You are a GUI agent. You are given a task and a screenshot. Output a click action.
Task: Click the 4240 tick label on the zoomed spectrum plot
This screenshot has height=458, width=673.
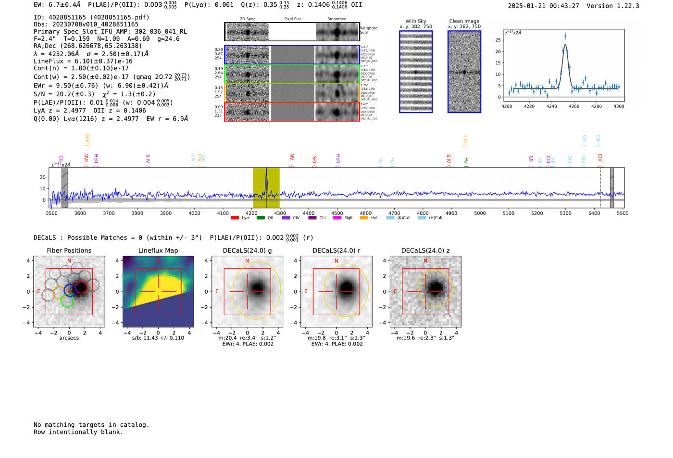pyautogui.click(x=551, y=106)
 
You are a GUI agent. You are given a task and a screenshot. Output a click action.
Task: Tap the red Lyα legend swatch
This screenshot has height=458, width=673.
pyautogui.click(x=235, y=218)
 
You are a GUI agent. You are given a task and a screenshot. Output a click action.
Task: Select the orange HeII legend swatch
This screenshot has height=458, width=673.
pyautogui.click(x=364, y=218)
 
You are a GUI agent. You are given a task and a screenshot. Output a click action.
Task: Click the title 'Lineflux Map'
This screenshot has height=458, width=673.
pyautogui.click(x=158, y=250)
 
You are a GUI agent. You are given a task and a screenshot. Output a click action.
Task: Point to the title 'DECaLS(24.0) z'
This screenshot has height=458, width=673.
pyautogui.click(x=425, y=250)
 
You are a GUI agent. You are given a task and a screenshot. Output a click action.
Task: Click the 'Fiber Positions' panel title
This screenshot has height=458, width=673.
pyautogui.click(x=69, y=250)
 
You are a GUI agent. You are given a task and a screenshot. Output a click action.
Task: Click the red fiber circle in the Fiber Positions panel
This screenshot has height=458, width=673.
pyautogui.click(x=81, y=287)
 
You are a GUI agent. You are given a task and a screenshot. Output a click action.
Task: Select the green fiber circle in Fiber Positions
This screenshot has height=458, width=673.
pyautogui.click(x=67, y=301)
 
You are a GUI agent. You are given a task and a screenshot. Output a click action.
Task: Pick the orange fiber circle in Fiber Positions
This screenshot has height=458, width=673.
pyautogui.click(x=60, y=293)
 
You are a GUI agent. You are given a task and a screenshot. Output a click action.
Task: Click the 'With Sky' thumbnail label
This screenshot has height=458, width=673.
pyautogui.click(x=415, y=21)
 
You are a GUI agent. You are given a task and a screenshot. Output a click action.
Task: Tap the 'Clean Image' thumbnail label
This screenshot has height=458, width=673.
pyautogui.click(x=464, y=21)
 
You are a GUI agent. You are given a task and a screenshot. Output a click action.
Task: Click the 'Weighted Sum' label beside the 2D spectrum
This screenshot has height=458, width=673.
pyautogui.click(x=368, y=30)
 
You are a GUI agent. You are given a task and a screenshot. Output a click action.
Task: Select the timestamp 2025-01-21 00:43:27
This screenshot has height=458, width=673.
pyautogui.click(x=543, y=6)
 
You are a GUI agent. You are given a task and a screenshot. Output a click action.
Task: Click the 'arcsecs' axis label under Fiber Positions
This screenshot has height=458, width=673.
pyautogui.click(x=69, y=338)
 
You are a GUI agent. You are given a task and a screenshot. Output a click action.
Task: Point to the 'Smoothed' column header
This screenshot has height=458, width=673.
pyautogui.click(x=336, y=19)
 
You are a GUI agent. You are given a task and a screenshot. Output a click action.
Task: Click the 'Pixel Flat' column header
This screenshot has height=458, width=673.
pyautogui.click(x=292, y=19)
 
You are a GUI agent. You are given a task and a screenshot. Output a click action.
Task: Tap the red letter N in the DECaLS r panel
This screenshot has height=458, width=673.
pyautogui.click(x=336, y=261)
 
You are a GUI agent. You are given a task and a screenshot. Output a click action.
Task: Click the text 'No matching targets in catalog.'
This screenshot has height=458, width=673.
pyautogui.click(x=91, y=425)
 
